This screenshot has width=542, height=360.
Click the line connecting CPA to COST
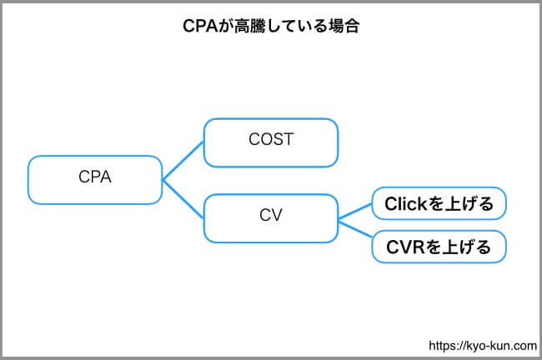pos(183,161)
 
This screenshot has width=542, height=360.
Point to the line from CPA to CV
pos(183,199)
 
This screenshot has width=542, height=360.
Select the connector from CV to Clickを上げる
pos(355,212)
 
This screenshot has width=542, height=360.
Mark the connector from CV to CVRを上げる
pos(355,229)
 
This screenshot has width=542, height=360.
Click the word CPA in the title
pos(200,27)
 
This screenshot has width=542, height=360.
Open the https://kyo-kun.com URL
pos(483,346)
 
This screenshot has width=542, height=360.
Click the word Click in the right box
pos(406,203)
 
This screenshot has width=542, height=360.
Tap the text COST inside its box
pos(271,139)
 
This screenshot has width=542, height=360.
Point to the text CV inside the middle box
pos(271,215)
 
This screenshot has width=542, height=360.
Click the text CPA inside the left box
pos(95,177)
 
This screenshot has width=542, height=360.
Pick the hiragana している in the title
pos(296,27)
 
